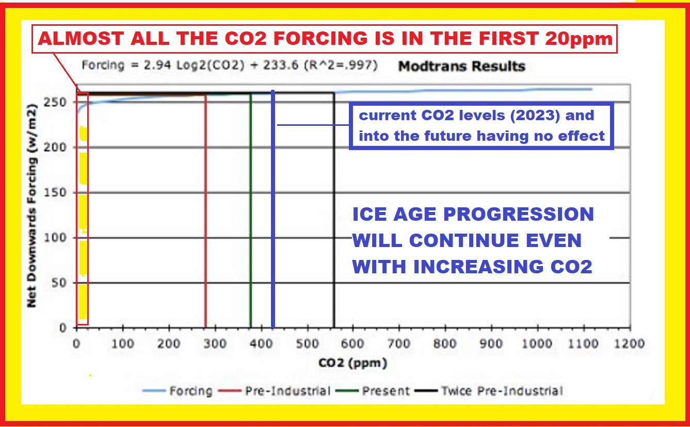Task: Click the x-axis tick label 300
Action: pyautogui.click(x=215, y=343)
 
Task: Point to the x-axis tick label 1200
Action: pyautogui.click(x=629, y=343)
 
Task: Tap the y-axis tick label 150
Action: pyautogui.click(x=55, y=193)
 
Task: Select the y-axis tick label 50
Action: pyautogui.click(x=59, y=283)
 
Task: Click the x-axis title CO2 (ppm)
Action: pyautogui.click(x=352, y=363)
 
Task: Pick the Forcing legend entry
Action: pyautogui.click(x=178, y=391)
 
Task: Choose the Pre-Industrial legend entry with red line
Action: pyautogui.click(x=274, y=391)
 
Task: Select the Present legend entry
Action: pyautogui.click(x=373, y=391)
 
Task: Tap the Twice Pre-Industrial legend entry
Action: pyautogui.click(x=489, y=391)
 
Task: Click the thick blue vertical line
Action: pyautogui.click(x=273, y=209)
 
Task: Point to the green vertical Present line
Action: pyautogui.click(x=250, y=210)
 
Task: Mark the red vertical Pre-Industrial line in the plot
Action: pyautogui.click(x=205, y=210)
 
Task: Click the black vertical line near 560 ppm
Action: pyautogui.click(x=333, y=210)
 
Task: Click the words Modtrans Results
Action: pyautogui.click(x=462, y=67)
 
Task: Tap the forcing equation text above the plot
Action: pyautogui.click(x=230, y=65)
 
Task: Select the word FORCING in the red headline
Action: pyautogui.click(x=320, y=39)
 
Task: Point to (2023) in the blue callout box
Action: pyautogui.click(x=535, y=116)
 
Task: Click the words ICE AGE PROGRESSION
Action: pyautogui.click(x=473, y=214)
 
